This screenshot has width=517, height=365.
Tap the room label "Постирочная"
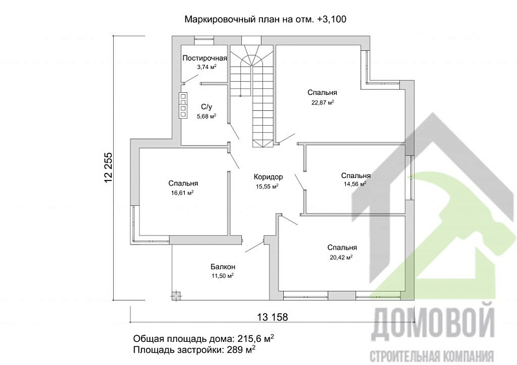click(x=205, y=58)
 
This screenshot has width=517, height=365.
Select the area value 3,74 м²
click(x=206, y=67)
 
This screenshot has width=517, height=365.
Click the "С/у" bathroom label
click(x=207, y=107)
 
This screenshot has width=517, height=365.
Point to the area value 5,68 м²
click(x=206, y=116)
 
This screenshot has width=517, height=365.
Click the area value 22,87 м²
click(x=322, y=102)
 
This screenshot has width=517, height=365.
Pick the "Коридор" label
click(x=268, y=177)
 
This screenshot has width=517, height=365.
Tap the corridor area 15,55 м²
click(x=268, y=186)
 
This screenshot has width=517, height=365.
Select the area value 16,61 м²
click(x=183, y=192)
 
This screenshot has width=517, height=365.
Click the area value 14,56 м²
click(x=355, y=184)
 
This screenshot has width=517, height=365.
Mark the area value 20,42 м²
click(x=341, y=257)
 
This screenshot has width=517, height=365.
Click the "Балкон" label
click(x=222, y=266)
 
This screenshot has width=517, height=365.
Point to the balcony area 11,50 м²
click(x=222, y=275)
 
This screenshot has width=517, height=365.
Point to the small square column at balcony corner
click(x=173, y=295)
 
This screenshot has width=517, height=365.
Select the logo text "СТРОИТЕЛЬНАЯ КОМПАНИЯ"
click(x=432, y=355)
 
